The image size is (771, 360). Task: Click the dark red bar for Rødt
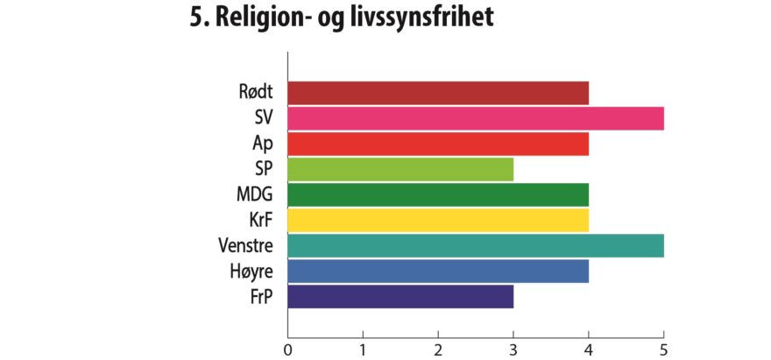pos(438,92)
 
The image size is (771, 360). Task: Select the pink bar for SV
pos(476,117)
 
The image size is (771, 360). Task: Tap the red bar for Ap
pos(438,143)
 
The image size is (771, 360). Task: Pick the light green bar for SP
pos(400,168)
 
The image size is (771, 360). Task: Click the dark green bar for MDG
pos(438,194)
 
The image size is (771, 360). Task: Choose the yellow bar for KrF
pos(438,220)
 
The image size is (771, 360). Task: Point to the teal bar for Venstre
pos(476,245)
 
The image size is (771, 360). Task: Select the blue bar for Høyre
pos(438,272)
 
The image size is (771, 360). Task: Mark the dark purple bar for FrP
pos(400,297)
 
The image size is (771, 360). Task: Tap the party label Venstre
pos(245,245)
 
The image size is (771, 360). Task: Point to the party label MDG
pos(254,194)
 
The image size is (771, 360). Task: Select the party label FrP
pos(261,297)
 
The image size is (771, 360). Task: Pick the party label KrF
pos(259,220)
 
